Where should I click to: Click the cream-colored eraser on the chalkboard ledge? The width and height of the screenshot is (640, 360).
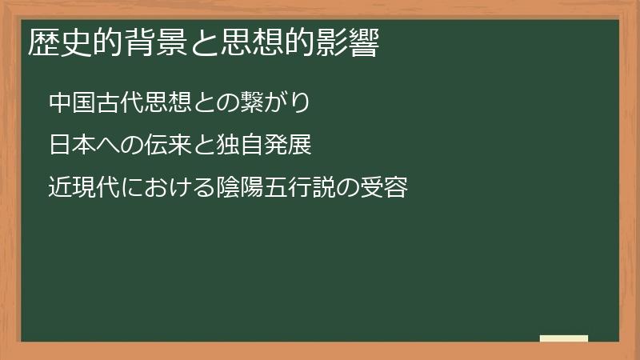tap(563, 338)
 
